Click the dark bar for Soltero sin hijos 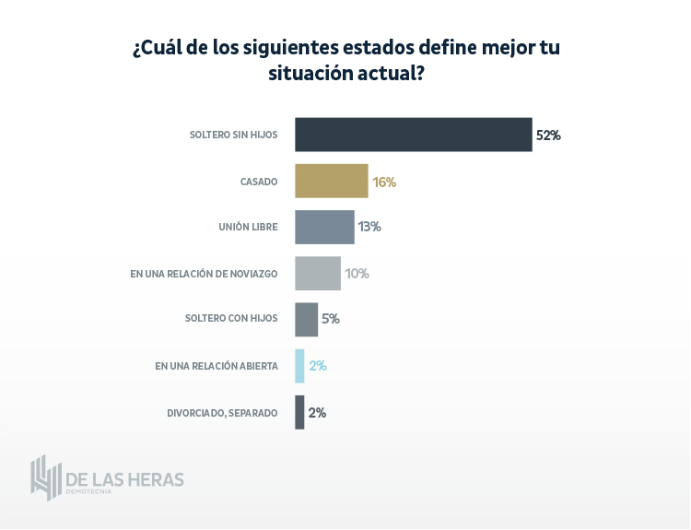tap(413, 135)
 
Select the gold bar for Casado tap(332, 182)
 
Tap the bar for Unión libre tap(324, 227)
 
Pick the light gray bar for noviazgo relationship tap(318, 274)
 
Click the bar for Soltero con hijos tap(306, 319)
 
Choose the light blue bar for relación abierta tap(299, 366)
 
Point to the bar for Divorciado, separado tap(299, 412)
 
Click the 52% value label tap(548, 135)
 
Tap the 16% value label tap(384, 182)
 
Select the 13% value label tap(369, 227)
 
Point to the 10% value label tap(357, 274)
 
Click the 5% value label tap(331, 319)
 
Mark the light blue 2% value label tap(318, 366)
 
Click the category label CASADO tap(259, 182)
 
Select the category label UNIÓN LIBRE tap(248, 227)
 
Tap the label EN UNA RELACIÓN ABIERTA tap(217, 366)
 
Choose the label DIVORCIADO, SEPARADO tap(222, 413)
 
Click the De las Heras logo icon tap(45, 477)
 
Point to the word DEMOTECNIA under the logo tap(88, 492)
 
